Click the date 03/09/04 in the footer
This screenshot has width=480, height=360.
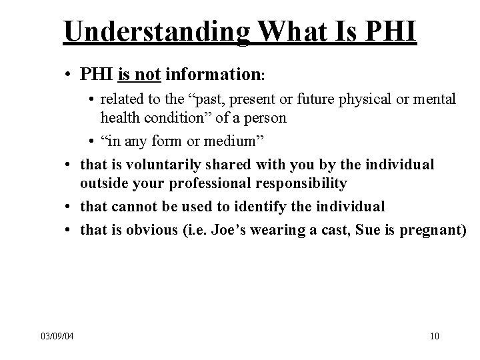coord(56,335)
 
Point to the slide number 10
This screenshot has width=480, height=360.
coord(435,335)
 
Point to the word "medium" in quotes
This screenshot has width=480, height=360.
coord(219,141)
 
